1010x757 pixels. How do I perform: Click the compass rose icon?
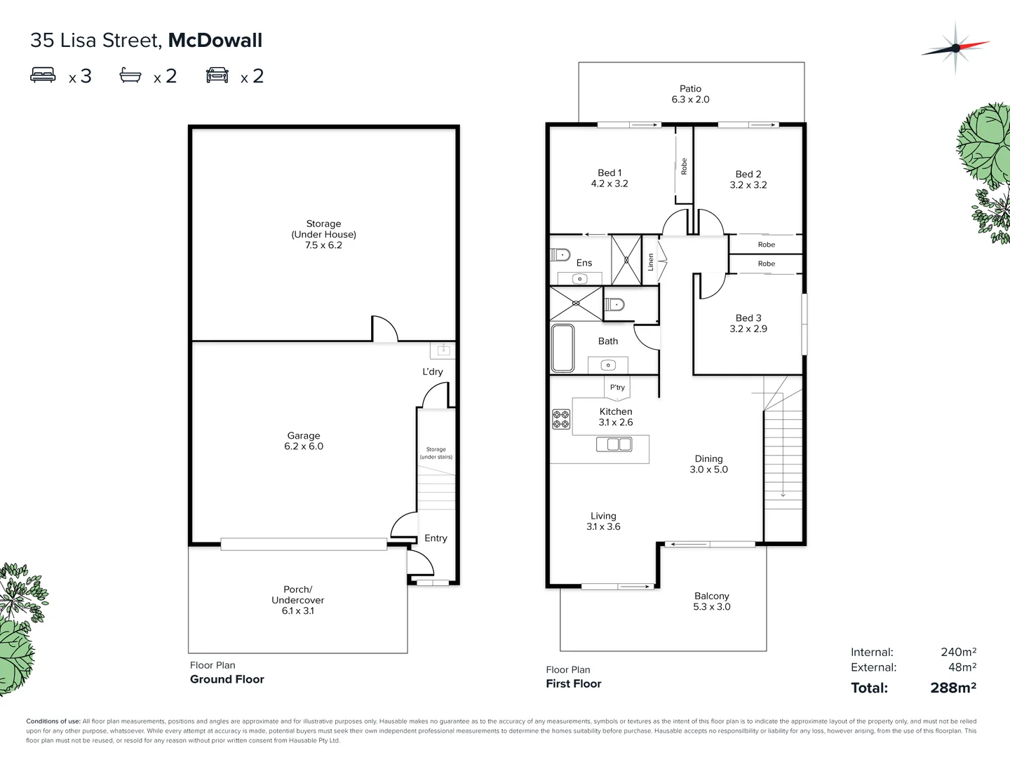(955, 48)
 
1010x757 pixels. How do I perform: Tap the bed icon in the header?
(43, 75)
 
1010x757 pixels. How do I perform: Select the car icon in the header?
(217, 75)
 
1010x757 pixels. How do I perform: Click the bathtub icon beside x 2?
(130, 75)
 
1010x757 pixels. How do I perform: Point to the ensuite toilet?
(560, 254)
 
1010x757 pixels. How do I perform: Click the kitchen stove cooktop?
(561, 419)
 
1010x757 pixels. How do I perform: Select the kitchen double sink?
(614, 444)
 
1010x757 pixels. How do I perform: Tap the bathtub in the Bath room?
(563, 348)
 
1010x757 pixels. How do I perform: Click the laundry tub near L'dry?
(443, 350)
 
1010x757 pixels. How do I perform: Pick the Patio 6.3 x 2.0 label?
(690, 94)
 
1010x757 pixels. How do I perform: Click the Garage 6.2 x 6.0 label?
(304, 441)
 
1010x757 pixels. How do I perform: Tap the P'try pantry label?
(617, 387)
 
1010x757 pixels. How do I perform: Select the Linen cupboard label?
(651, 262)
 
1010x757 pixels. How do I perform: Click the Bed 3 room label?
(748, 323)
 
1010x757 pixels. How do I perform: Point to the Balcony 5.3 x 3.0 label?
(712, 601)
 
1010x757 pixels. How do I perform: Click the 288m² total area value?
(953, 688)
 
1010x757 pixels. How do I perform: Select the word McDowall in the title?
(215, 41)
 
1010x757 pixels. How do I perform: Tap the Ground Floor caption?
(227, 679)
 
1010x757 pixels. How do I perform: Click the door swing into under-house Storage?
(384, 329)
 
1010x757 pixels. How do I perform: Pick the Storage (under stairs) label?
(436, 453)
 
